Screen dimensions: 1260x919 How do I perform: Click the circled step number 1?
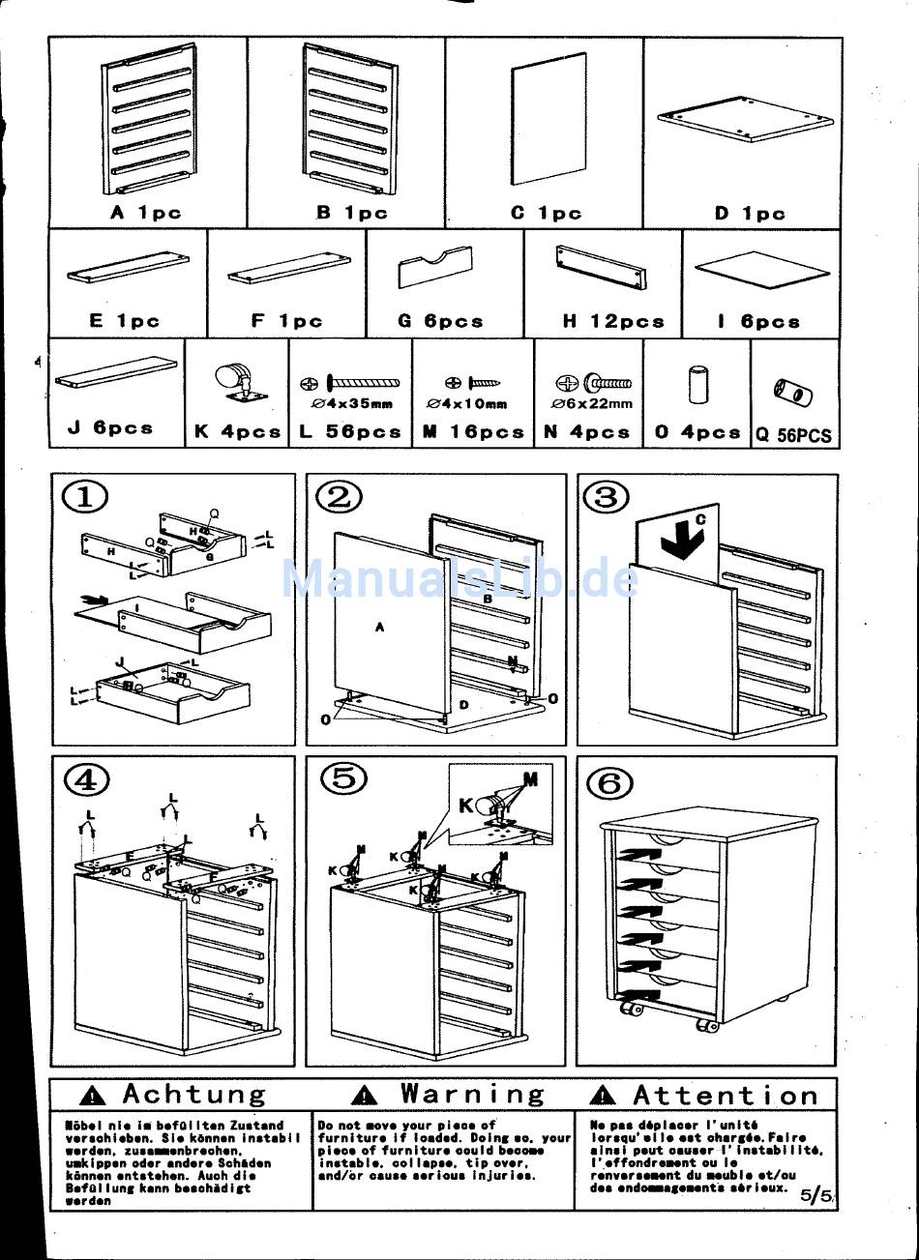point(85,497)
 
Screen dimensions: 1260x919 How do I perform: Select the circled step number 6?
point(609,782)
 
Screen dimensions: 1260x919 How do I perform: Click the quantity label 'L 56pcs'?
point(349,432)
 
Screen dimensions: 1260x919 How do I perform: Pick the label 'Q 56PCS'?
point(793,436)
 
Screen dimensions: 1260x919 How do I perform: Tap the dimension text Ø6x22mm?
point(592,404)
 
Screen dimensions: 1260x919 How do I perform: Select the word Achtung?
point(193,1095)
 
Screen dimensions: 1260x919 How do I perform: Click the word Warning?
point(473,1095)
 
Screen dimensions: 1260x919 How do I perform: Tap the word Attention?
point(726,1096)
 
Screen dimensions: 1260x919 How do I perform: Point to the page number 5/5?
point(815,1195)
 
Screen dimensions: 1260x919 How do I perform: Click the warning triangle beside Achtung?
point(93,1096)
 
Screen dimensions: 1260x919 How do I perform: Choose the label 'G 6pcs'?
point(440,321)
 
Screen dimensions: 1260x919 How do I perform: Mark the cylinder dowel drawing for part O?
point(697,384)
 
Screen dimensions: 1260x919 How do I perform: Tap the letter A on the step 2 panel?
point(380,628)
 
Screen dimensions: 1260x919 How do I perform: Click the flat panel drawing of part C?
point(548,117)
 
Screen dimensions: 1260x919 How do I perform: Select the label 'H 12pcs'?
point(613,321)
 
